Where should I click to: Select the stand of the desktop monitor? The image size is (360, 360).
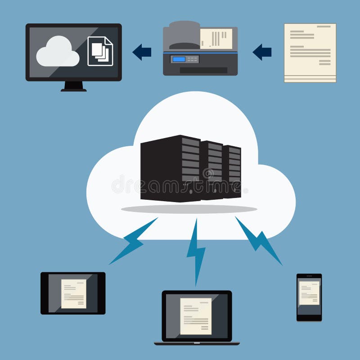pos(73,86)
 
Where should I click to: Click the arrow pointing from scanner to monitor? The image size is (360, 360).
pos(142,52)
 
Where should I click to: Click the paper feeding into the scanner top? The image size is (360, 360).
pos(216,38)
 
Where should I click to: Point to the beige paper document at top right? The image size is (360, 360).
pos(310,53)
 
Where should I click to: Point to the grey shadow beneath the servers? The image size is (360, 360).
pos(189,209)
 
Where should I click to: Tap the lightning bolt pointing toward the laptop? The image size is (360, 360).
pos(196,250)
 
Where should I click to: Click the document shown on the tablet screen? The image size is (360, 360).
pos(73,293)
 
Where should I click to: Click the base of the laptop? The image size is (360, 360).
pos(197,343)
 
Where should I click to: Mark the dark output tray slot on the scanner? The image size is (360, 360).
pos(203,70)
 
